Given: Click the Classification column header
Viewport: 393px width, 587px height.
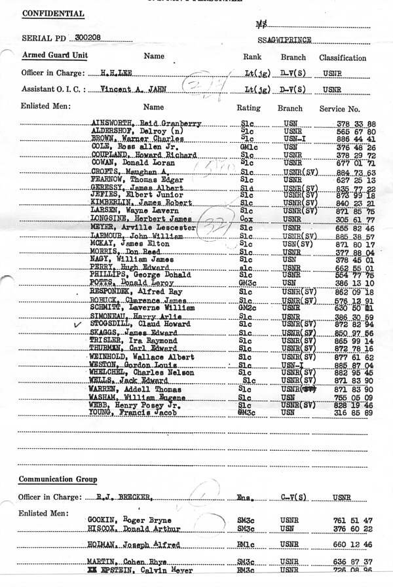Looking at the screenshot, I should [343, 58].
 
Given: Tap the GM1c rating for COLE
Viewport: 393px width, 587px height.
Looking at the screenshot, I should [247, 147].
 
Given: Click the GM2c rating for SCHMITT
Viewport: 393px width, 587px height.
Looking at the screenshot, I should [248, 308].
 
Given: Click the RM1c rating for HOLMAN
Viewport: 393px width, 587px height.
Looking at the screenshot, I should [247, 544].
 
